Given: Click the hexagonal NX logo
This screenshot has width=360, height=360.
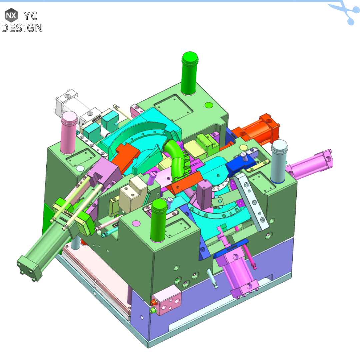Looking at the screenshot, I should click(x=11, y=15).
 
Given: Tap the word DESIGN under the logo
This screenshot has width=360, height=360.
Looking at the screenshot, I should click(x=22, y=28).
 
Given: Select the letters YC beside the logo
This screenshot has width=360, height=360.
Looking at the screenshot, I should click(x=31, y=15).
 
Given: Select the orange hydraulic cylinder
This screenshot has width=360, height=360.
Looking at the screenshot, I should click(x=260, y=128).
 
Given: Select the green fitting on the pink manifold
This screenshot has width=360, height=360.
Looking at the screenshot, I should click(x=154, y=310).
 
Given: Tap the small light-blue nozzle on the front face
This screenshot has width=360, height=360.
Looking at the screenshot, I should click(x=212, y=279).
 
